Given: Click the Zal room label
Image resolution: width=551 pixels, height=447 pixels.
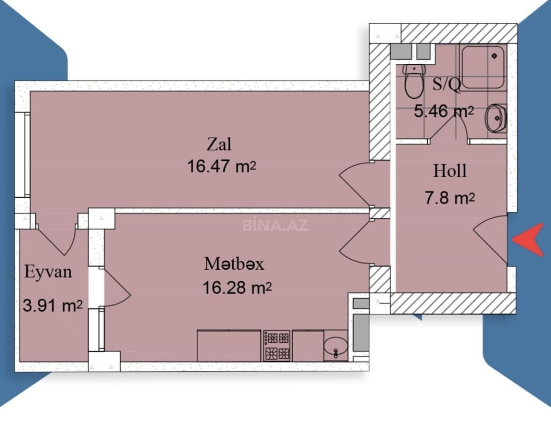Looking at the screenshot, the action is (x=219, y=145).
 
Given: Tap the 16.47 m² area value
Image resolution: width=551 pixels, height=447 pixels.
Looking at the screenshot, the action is (x=222, y=166).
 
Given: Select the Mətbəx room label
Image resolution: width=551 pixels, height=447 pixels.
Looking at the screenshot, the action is (x=234, y=264).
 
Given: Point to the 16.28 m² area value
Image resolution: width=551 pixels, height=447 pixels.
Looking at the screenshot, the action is (x=237, y=288).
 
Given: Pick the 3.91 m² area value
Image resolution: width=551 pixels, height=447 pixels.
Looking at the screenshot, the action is (x=53, y=305).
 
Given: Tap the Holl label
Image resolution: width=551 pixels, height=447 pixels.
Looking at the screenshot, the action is (x=450, y=171).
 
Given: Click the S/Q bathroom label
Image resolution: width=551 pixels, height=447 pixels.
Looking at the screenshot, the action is (x=446, y=85).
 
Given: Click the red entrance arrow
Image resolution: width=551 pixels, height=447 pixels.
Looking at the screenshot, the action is (x=528, y=240).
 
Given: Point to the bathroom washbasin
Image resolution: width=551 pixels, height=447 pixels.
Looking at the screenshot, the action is (x=496, y=118).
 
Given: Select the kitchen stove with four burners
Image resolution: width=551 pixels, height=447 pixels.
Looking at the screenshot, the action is (x=276, y=346).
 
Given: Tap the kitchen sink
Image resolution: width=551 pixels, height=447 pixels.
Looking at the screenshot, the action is (x=335, y=346).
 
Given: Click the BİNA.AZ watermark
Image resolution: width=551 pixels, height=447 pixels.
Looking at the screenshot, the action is (x=275, y=225).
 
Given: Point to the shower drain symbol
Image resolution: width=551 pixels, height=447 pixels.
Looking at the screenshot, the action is (x=495, y=56).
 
